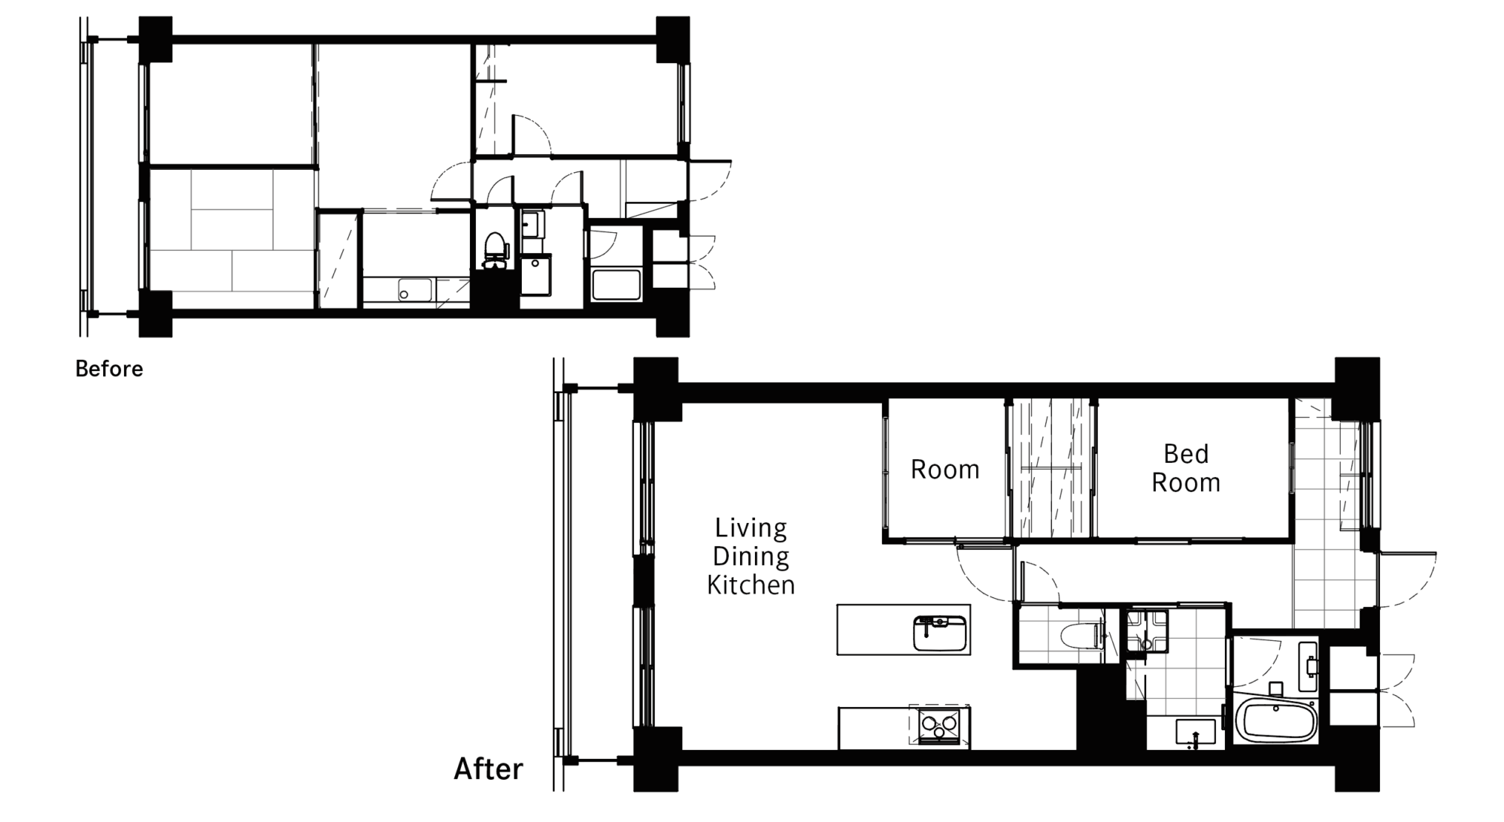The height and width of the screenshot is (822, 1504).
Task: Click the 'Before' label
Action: pos(109,369)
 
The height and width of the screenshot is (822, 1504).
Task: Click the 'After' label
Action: pos(488,769)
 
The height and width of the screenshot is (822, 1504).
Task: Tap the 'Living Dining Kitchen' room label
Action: pos(750,556)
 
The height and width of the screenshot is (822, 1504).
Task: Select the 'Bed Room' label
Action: pos(1186,468)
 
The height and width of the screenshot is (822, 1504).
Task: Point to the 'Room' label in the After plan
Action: pos(945,470)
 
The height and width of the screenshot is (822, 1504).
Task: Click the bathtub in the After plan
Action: pos(1276,721)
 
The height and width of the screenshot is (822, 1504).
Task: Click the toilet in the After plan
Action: pos(1083,636)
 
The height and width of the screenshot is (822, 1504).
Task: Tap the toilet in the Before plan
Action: pos(494,251)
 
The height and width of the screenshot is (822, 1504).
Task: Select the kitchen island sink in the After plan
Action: pos(939,633)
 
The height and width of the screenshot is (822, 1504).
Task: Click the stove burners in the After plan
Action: pos(939,726)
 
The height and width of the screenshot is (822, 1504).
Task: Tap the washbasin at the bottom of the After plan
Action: pos(1195,733)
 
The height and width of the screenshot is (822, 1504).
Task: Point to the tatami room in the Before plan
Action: pos(232,238)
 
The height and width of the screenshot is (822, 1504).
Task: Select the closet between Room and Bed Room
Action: pos(1051,468)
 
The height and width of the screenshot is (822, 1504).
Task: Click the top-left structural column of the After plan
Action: pos(656,389)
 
